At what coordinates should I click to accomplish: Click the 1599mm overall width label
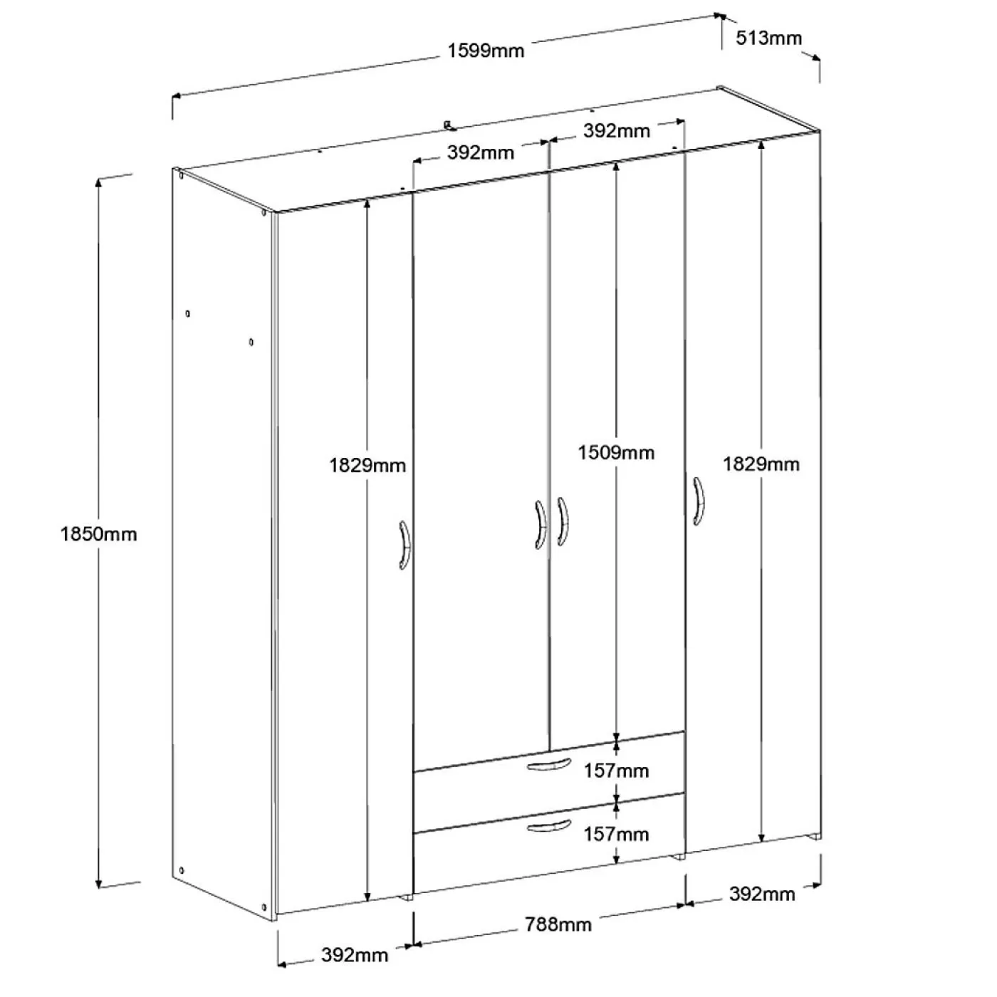(x=485, y=51)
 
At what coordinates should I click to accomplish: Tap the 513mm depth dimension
(x=768, y=38)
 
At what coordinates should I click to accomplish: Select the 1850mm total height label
(x=98, y=534)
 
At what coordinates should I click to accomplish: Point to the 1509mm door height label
(x=616, y=453)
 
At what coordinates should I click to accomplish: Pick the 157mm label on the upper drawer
(x=616, y=771)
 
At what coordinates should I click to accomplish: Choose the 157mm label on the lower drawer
(x=616, y=834)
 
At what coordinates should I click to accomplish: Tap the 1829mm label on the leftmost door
(x=367, y=466)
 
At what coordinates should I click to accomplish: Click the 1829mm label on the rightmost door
(x=761, y=464)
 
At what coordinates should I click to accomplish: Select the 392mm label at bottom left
(x=355, y=954)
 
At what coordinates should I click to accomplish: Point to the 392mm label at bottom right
(x=762, y=894)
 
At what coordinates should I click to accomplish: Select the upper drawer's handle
(x=549, y=764)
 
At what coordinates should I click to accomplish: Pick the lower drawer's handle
(x=549, y=826)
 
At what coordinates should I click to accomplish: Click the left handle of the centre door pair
(x=540, y=525)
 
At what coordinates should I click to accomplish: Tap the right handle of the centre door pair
(x=563, y=521)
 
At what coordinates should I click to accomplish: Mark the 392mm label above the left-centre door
(x=481, y=152)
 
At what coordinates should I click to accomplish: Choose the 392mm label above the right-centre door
(x=617, y=131)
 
